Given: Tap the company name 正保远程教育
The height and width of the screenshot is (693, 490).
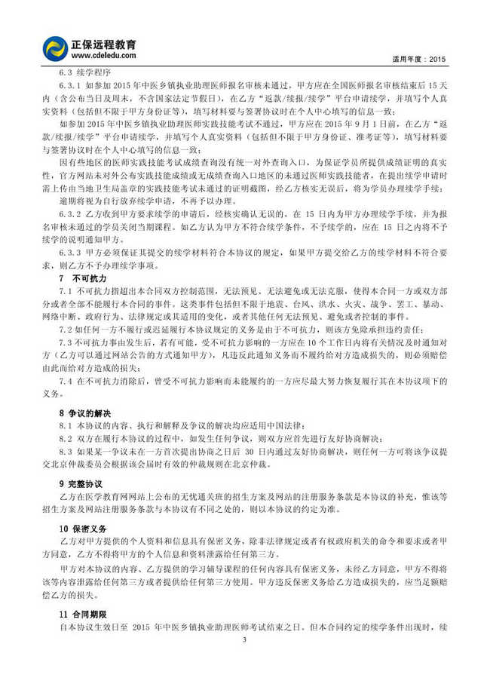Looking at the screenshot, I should coord(105,43).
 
